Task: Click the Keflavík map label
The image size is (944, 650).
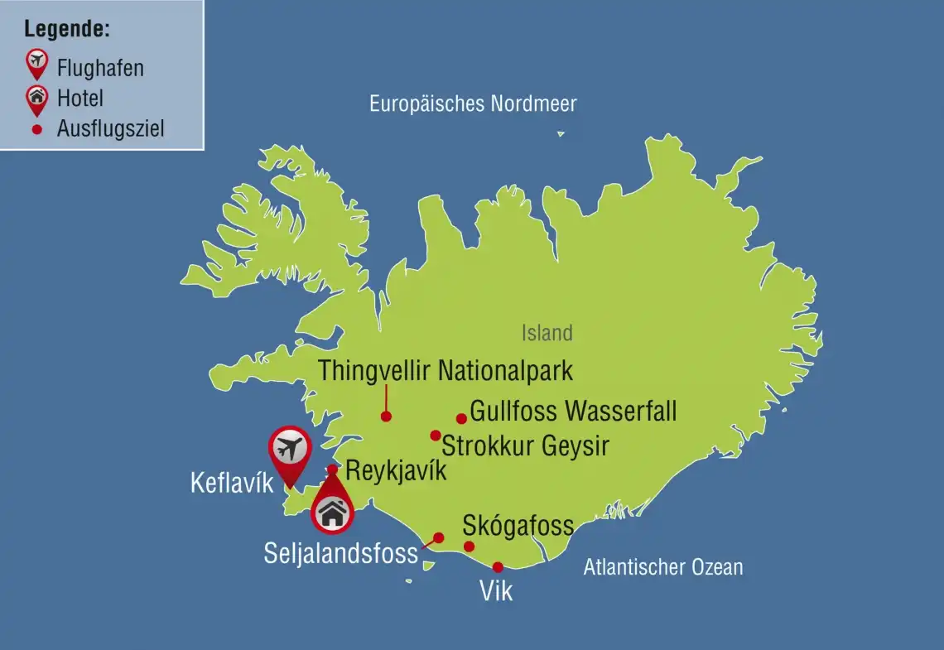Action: (x=231, y=483)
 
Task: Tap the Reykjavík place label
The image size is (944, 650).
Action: (x=396, y=471)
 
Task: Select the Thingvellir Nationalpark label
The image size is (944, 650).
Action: (x=446, y=370)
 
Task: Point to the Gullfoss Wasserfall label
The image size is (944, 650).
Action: (x=573, y=411)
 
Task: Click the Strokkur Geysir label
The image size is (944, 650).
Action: (x=526, y=445)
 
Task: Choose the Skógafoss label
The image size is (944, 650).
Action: (x=518, y=525)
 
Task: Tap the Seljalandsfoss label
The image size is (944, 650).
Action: (x=340, y=553)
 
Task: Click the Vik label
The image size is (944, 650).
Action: (x=496, y=591)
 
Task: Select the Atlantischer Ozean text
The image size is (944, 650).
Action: (x=662, y=567)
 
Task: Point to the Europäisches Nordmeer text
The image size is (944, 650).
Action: (x=473, y=104)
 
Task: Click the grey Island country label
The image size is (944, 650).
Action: (x=547, y=333)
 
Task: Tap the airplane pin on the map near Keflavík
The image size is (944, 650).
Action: (x=289, y=450)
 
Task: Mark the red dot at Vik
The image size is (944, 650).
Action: (x=498, y=567)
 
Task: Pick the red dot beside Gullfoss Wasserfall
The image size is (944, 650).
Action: (x=461, y=418)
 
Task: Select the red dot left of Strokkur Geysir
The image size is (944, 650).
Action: (x=435, y=436)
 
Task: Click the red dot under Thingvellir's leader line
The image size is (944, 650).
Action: (x=386, y=416)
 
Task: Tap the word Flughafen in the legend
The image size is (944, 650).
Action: (x=100, y=67)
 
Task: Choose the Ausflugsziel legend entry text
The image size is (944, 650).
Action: (x=110, y=129)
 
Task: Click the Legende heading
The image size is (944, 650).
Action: (x=67, y=30)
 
